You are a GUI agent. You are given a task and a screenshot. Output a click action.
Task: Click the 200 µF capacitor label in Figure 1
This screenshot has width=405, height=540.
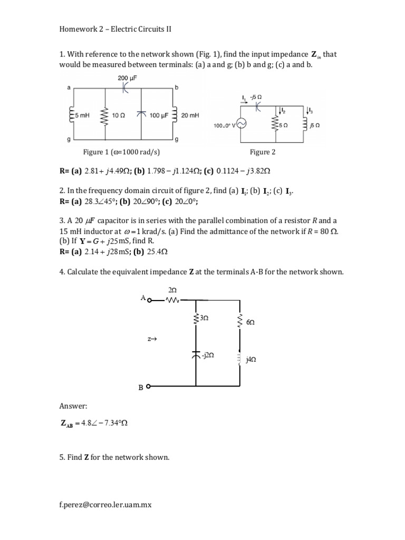(x=124, y=78)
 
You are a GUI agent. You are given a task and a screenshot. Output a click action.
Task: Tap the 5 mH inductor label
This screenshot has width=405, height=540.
(x=83, y=115)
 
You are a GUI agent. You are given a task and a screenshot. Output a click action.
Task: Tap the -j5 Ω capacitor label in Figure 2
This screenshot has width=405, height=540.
(x=257, y=97)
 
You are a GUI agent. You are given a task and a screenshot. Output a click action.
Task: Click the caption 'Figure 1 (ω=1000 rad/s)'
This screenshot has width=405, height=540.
(x=121, y=152)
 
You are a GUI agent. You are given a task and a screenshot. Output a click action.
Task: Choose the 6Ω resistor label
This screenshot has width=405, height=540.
(x=250, y=321)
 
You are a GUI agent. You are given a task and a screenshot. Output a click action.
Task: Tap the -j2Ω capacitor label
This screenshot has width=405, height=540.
(x=207, y=356)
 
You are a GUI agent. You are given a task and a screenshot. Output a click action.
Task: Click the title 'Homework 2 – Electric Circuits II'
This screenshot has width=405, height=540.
(x=115, y=30)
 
